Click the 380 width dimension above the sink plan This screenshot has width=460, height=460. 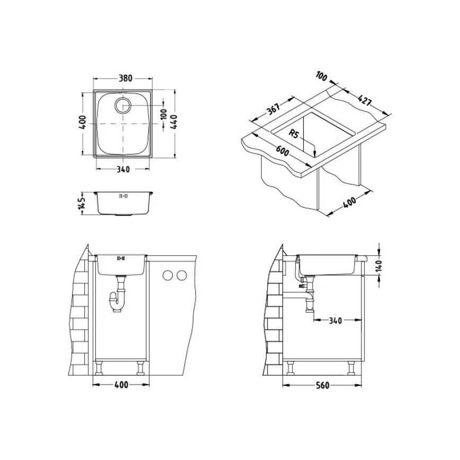(x=126, y=78)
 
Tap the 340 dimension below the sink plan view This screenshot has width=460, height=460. (x=122, y=170)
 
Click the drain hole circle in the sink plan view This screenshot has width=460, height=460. (x=123, y=105)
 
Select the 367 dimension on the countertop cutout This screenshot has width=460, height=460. (x=273, y=110)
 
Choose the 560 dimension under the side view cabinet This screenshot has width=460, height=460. (x=322, y=385)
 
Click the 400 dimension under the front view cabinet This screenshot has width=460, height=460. (x=121, y=385)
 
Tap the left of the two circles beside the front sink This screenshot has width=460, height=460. (x=168, y=276)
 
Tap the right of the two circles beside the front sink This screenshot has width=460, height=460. (x=181, y=276)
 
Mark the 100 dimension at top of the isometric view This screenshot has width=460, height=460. (x=321, y=76)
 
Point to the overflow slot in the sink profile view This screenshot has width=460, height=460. (x=123, y=196)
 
